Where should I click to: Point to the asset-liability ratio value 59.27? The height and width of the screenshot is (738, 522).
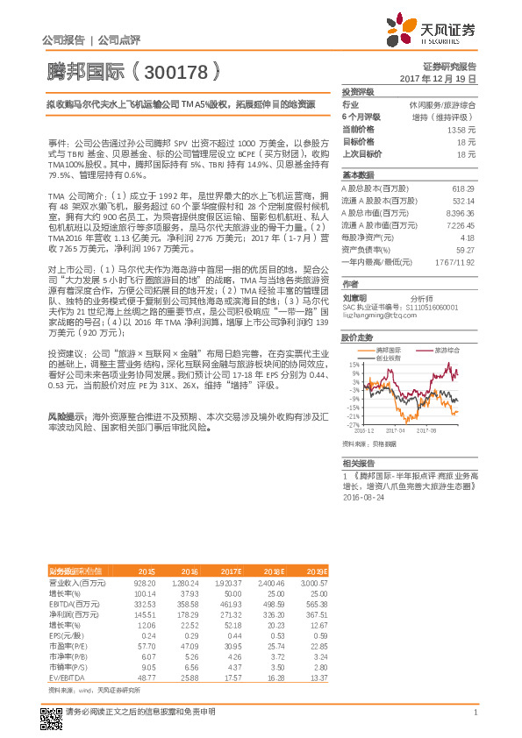[x=466, y=249]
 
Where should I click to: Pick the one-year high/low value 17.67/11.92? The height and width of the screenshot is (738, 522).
[x=457, y=261]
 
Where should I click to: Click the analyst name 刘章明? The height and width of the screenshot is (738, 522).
[x=354, y=296]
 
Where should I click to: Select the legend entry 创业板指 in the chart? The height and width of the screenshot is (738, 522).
[x=388, y=357]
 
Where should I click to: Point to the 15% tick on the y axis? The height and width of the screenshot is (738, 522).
[x=354, y=364]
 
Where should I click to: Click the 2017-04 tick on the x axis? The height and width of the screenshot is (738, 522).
[x=394, y=431]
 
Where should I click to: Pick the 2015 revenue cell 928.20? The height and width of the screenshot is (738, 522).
[x=143, y=582]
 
